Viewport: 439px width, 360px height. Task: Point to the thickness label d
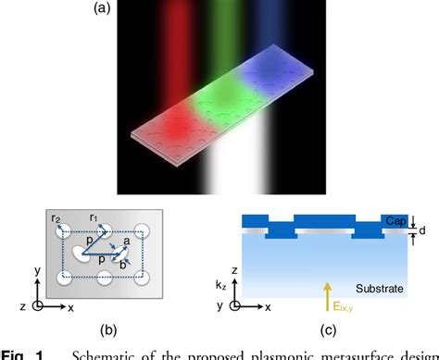coord(421,230)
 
